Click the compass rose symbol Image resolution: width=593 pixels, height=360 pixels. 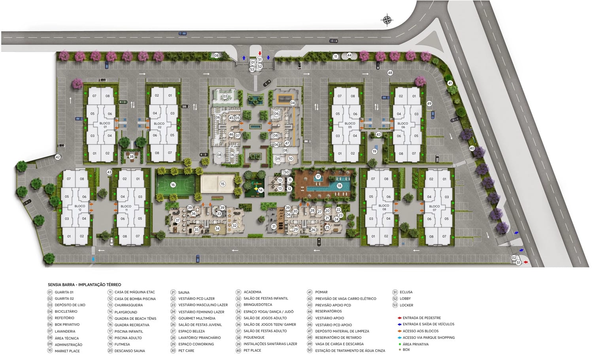pos(387,20)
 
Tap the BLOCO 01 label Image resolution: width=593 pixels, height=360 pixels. pos(105,125)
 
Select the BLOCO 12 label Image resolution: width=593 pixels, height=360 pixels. pos(80,207)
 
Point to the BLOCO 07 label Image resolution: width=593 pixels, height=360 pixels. pos(434,208)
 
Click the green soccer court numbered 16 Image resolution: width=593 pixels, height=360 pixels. pos(173,185)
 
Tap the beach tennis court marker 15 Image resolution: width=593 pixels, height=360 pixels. pos(223,184)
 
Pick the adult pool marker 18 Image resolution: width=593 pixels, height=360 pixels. pos(339,186)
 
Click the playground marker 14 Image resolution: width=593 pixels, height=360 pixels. pos(261,190)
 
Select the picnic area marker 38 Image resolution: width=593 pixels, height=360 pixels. pos(132,157)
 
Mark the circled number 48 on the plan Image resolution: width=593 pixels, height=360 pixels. pos(390,73)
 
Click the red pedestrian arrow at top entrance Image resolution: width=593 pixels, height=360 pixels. pos(260,53)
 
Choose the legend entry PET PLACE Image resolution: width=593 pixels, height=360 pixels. pos(252,351)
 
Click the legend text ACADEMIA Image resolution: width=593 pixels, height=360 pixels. pos(252,292)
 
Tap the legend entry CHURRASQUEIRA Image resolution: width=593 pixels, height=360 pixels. pos(128,305)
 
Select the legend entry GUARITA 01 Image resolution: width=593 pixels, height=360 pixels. pos(64,292)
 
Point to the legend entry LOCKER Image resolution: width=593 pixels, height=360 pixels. pos(406,305)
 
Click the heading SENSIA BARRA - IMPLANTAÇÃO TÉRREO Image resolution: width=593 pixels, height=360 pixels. pos(85,285)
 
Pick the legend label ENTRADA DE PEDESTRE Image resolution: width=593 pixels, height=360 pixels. pos(421,318)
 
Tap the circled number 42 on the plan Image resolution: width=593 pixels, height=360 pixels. pos(58,157)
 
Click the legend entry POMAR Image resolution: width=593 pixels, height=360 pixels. pos(321,292)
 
